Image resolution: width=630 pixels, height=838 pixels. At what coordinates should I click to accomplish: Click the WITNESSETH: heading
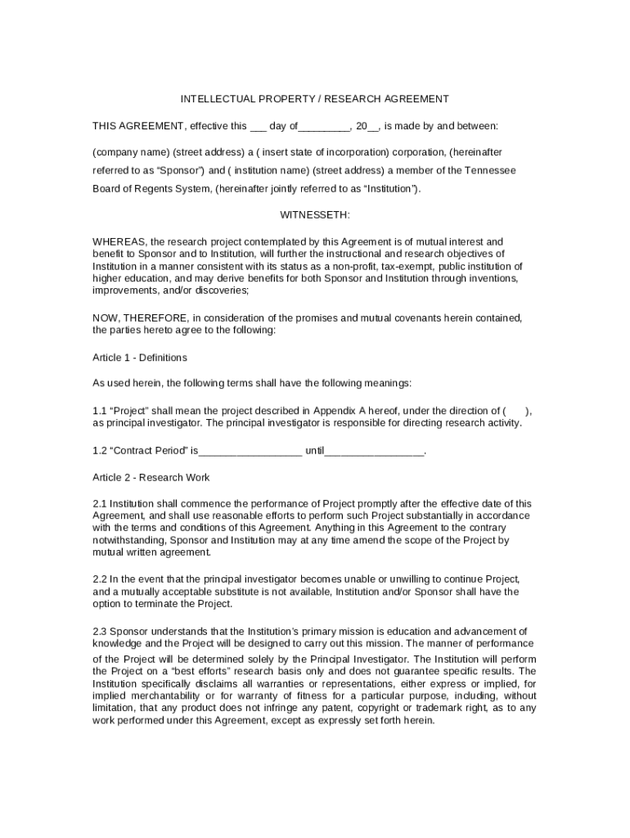315,214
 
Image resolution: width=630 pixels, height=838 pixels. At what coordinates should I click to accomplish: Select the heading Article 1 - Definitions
140,358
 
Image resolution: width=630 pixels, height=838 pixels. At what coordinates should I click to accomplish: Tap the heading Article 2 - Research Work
151,477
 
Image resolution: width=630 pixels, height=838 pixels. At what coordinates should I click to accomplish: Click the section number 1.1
100,410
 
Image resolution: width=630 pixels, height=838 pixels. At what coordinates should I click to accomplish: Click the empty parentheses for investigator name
516,410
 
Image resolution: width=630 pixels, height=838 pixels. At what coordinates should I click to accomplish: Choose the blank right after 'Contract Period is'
250,451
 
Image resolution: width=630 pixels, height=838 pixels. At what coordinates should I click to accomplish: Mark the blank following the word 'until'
374,451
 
